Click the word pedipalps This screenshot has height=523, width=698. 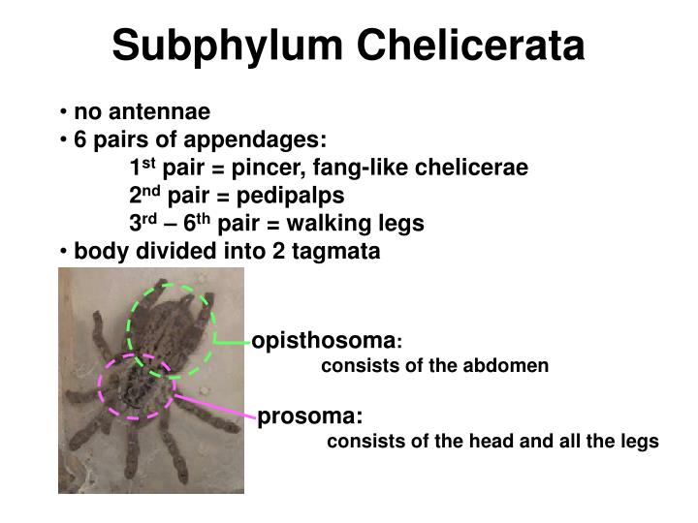click(x=296, y=196)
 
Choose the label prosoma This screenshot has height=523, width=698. click(x=308, y=416)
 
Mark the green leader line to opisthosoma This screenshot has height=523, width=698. click(x=233, y=342)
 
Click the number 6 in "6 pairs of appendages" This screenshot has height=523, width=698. click(x=80, y=139)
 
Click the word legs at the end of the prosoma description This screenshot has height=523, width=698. click(x=641, y=442)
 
